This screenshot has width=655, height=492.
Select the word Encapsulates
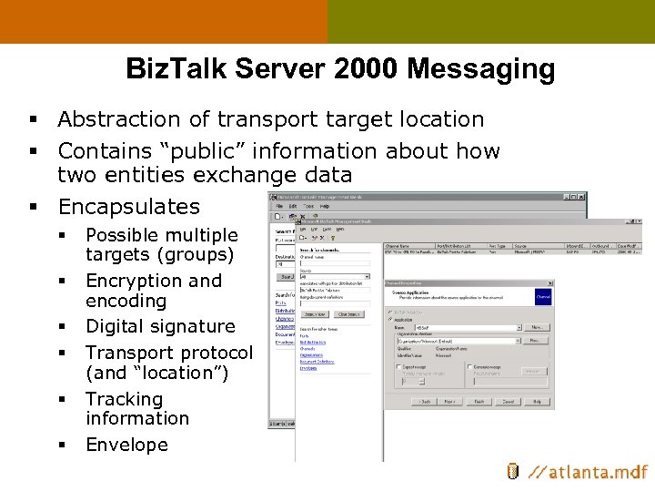pos(128,207)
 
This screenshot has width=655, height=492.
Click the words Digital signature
pos(160,326)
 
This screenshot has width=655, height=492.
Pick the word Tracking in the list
pos(124,399)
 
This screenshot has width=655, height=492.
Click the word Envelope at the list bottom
pos(126,445)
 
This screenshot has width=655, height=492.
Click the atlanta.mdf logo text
pos(589,472)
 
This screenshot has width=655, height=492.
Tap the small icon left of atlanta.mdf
pos(513,471)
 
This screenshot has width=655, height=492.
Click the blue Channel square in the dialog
pos(543,297)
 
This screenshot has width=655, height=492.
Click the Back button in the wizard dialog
pos(425,401)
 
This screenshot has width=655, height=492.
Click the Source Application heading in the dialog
pos(414,292)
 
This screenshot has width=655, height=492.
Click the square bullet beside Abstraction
pos(32,120)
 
